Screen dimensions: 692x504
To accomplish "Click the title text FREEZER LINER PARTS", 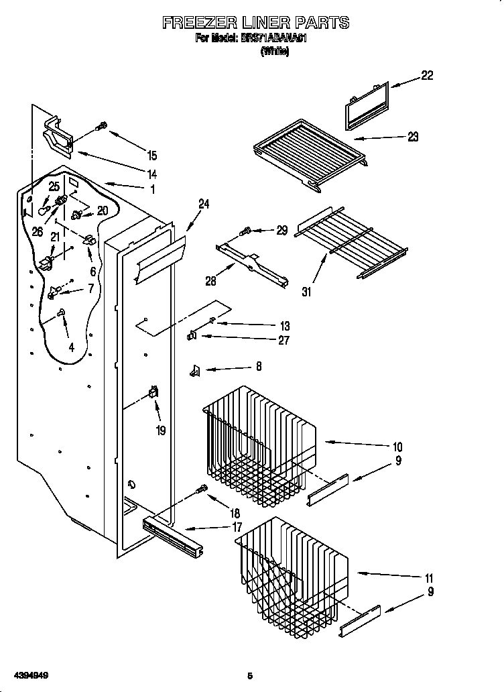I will point(255,23).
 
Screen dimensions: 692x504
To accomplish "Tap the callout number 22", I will point(426,76).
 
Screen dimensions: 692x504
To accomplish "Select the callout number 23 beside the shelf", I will point(412,137).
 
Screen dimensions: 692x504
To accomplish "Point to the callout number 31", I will point(308,292).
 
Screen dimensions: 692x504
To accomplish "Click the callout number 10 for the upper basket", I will point(397,447).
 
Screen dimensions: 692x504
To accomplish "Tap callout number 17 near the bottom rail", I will point(237,527).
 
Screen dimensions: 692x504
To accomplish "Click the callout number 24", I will point(204,205).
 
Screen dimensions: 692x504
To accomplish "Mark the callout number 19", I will point(160,430).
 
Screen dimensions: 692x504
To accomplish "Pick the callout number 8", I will point(258,367).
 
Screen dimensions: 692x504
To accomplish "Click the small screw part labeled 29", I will point(245,231).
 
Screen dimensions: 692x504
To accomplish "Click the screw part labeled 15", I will point(103,125).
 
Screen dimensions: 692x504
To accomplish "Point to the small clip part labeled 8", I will point(196,369).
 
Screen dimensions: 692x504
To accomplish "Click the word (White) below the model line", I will point(274,52).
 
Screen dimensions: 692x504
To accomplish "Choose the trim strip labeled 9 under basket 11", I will point(359,621).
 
